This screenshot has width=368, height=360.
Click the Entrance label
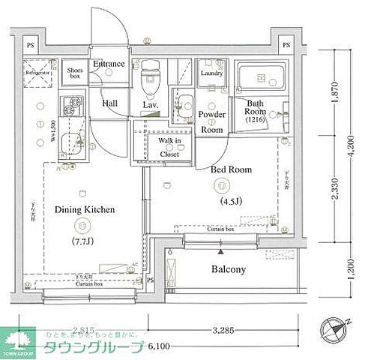tap(109, 64)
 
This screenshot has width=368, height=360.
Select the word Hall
tap(109, 103)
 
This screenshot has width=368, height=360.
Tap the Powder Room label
tap(212, 121)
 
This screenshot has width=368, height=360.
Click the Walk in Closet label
tap(169, 147)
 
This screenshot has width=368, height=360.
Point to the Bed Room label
tap(231, 170)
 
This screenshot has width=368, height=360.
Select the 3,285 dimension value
tap(225, 328)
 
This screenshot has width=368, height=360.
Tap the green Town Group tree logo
tap(20, 338)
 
